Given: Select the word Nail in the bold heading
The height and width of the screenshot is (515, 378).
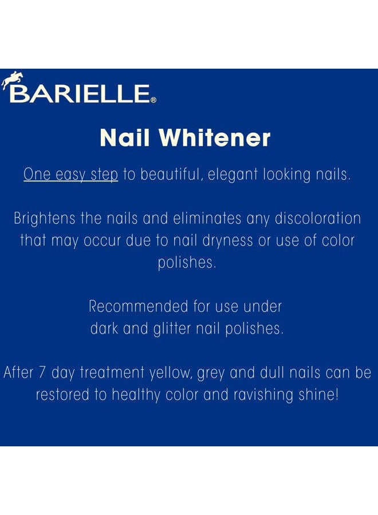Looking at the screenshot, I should click(121, 138).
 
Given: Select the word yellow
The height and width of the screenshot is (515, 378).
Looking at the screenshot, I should click(170, 374).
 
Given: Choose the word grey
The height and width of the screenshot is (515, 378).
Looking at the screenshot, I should click(211, 374).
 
